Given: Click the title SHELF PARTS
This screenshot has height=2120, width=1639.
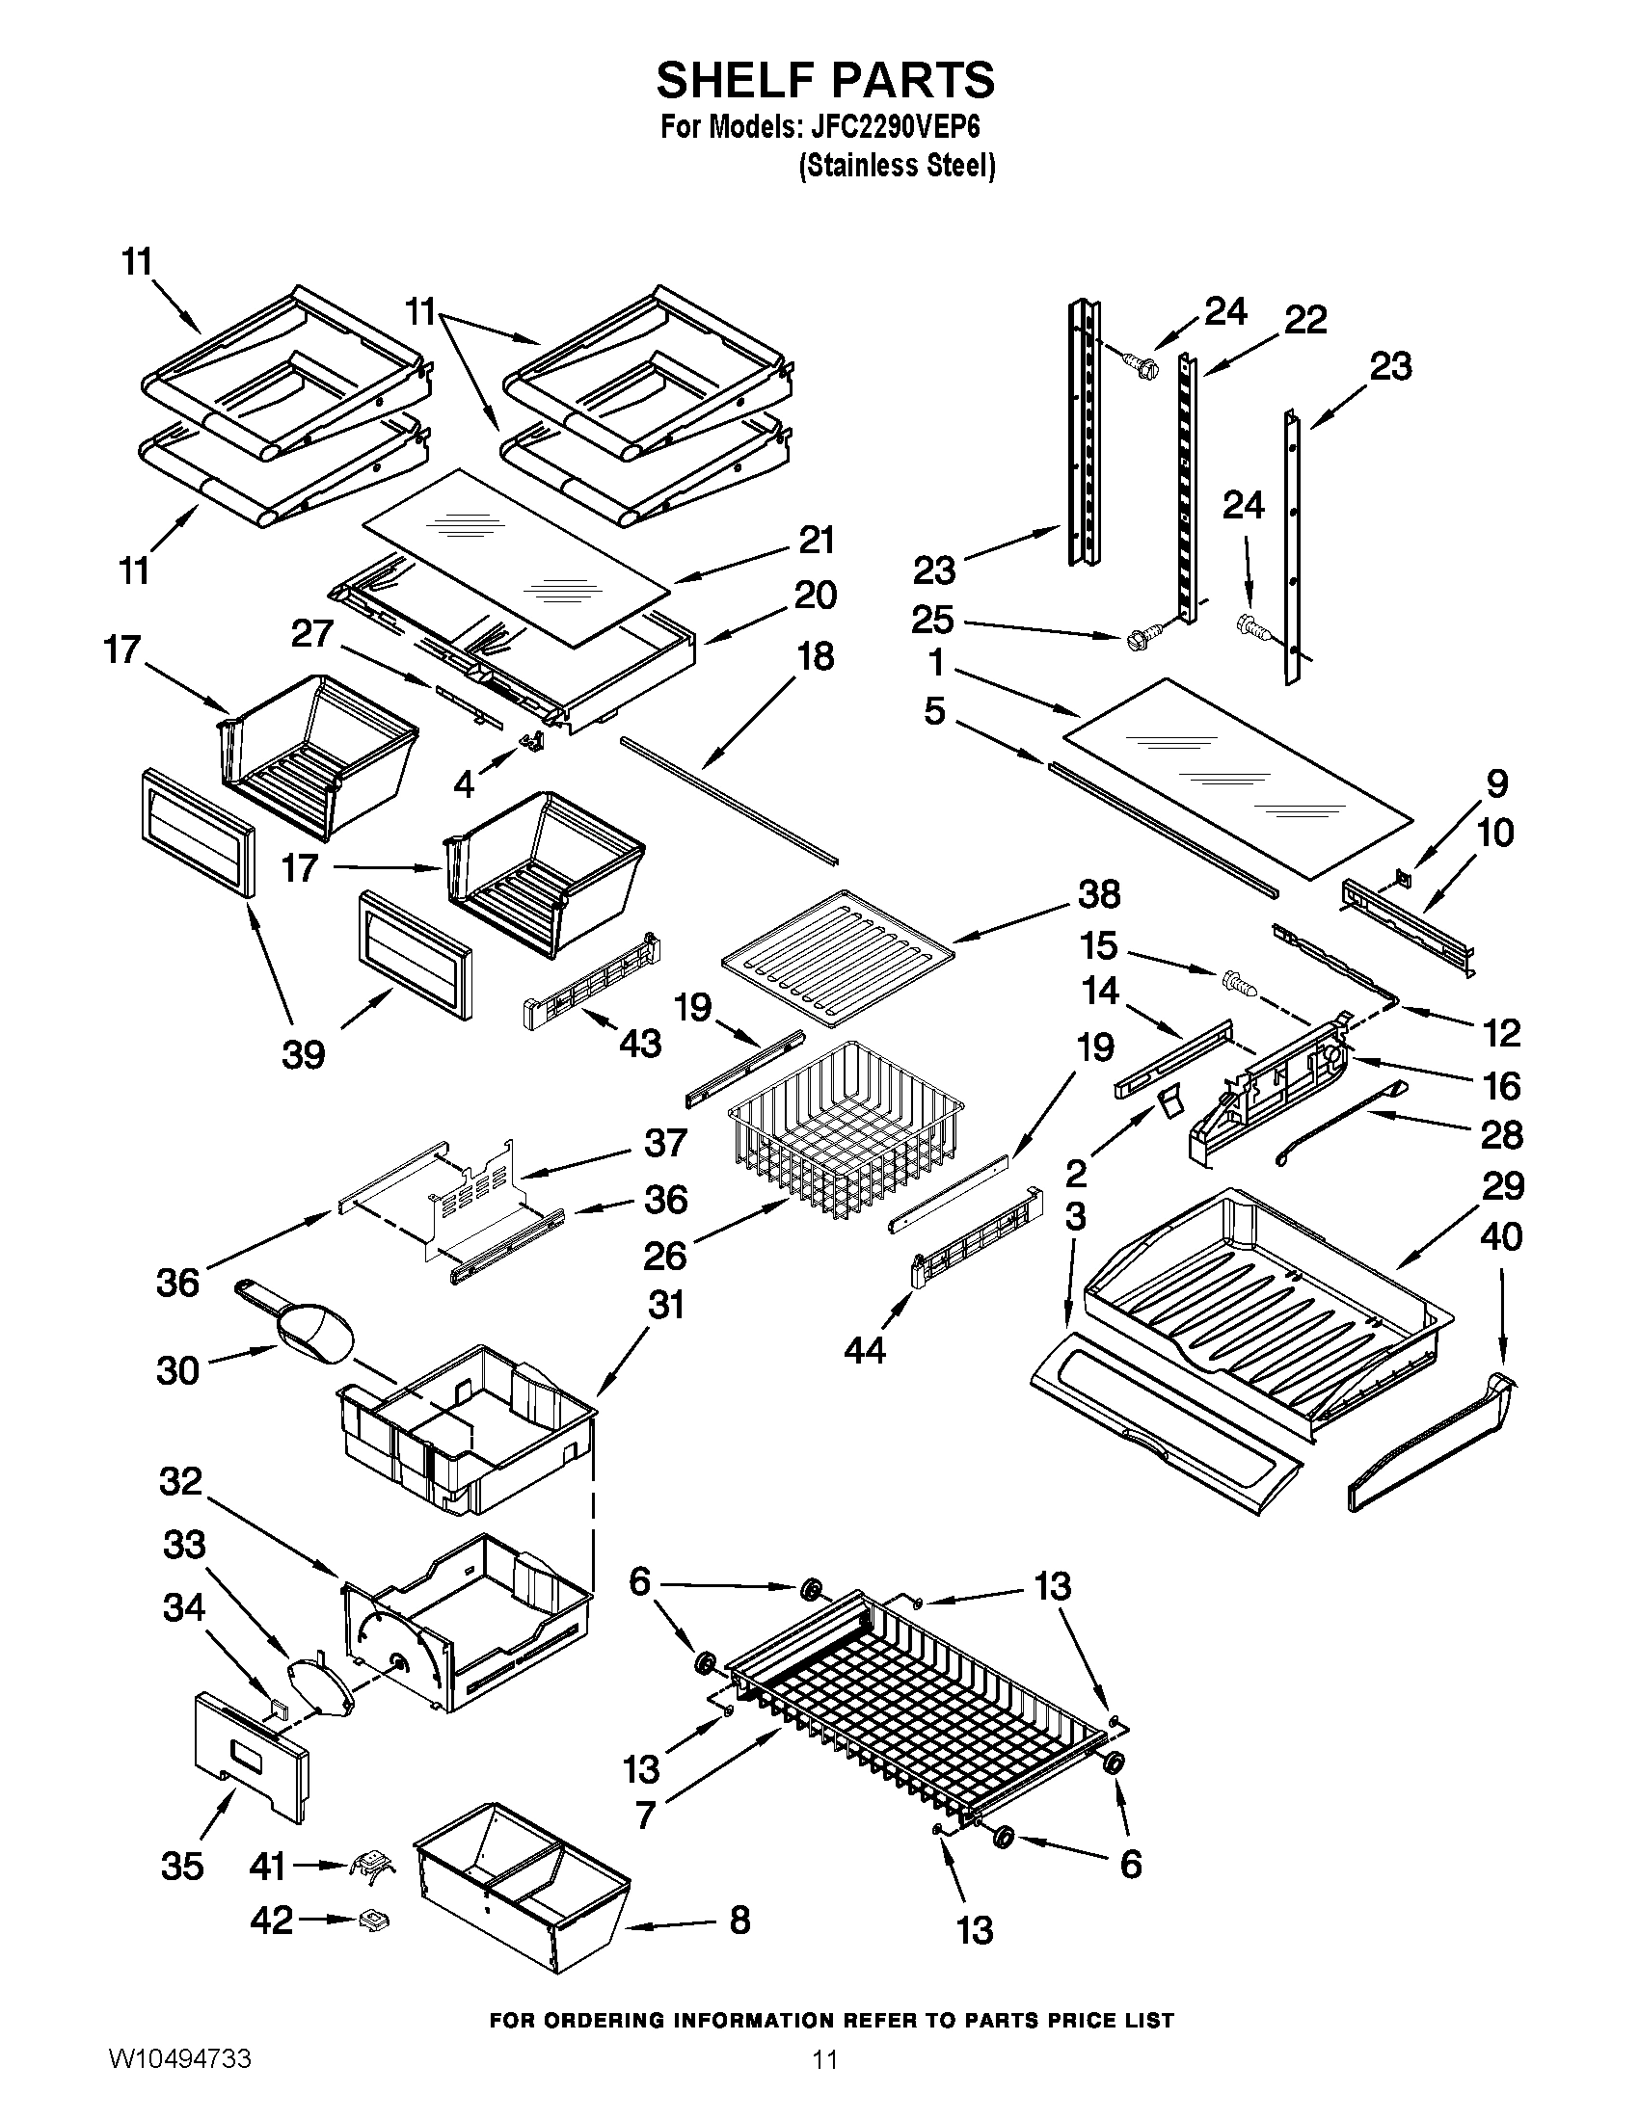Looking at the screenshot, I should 825,80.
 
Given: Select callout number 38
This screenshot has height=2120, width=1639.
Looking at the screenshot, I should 1098,894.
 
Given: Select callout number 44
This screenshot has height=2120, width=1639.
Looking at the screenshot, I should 864,1348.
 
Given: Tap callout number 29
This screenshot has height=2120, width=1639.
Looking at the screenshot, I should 1502,1185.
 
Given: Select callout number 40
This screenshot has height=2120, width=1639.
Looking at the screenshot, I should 1502,1235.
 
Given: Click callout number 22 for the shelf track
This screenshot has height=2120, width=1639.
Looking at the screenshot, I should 1305,319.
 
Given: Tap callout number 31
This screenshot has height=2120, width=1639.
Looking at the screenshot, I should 666,1305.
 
